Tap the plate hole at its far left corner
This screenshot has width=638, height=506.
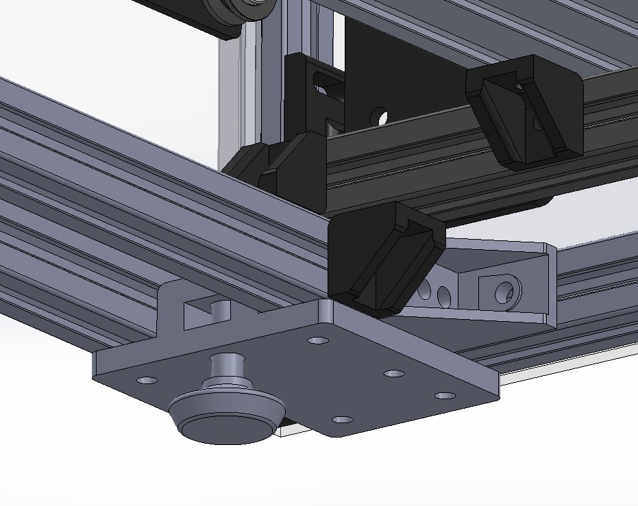click(147, 380)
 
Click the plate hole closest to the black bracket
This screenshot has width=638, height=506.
click(317, 340)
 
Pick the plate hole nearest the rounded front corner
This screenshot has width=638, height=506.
click(342, 419)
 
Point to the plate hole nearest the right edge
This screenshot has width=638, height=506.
click(444, 396)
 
